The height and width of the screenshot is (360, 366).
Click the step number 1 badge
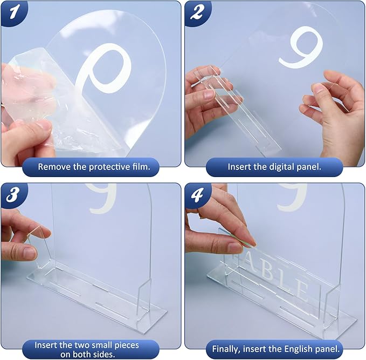[13, 12]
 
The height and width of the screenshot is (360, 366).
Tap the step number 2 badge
[197, 12]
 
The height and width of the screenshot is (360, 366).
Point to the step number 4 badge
[197, 194]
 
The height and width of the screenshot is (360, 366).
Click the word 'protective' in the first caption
[106, 167]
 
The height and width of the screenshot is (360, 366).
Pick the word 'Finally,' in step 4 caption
[226, 349]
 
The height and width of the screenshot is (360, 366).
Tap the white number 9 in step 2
[301, 47]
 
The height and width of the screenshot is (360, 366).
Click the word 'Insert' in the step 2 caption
[239, 167]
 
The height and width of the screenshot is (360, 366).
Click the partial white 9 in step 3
[103, 199]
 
